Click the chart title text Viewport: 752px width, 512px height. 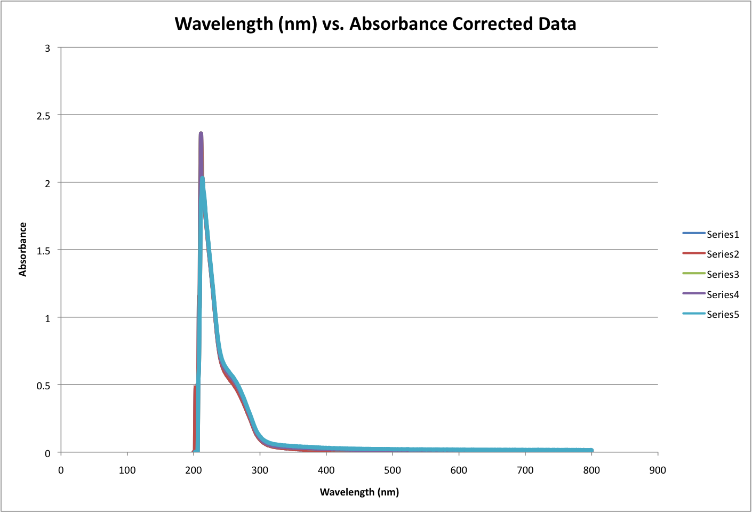[375, 24]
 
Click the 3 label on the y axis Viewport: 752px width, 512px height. [47, 48]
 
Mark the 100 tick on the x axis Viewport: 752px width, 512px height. [127, 470]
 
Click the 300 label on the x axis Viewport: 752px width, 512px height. [260, 470]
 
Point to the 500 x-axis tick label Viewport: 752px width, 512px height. [393, 470]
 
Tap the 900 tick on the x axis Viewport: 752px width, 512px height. [658, 470]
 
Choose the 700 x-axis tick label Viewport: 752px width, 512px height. [525, 470]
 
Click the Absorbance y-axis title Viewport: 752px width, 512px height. [22, 250]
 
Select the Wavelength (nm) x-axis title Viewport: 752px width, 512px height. [359, 492]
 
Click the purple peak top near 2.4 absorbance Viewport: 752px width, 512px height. [201, 133]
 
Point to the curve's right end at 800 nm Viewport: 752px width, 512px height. [591, 451]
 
